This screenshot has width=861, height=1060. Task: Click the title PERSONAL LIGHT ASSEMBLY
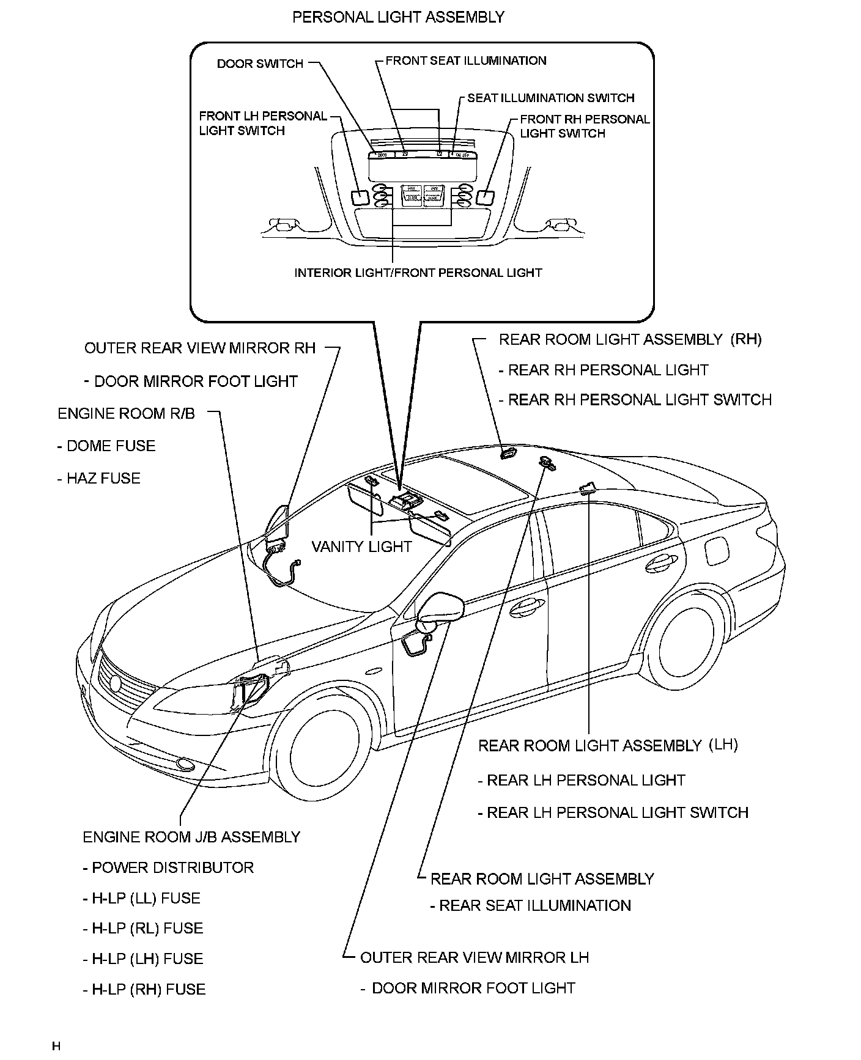[x=398, y=17]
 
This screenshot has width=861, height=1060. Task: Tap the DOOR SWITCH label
[x=260, y=64]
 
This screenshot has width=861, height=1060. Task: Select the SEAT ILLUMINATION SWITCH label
[x=550, y=98]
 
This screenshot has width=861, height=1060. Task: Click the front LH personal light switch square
[x=359, y=197]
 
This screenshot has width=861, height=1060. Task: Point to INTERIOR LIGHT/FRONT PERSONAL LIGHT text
[x=418, y=273]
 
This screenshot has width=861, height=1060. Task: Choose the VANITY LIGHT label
[x=361, y=547]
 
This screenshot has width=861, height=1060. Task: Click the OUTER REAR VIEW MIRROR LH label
[x=474, y=957]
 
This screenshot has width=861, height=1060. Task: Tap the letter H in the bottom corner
[x=56, y=1046]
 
